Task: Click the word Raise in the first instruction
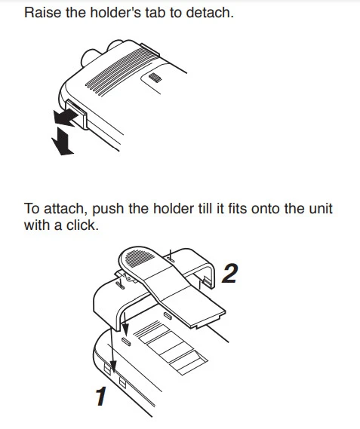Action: coord(43,13)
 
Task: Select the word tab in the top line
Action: coord(155,13)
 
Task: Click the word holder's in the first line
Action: coord(115,13)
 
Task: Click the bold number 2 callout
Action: coord(229,274)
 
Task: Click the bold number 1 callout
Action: coord(101,397)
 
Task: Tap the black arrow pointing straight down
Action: coord(63,142)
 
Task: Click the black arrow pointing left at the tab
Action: coord(66,117)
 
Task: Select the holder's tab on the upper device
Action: coord(77,115)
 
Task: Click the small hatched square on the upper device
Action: coord(155,77)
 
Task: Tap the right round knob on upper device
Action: coord(115,45)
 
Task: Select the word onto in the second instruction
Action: coord(265,209)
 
